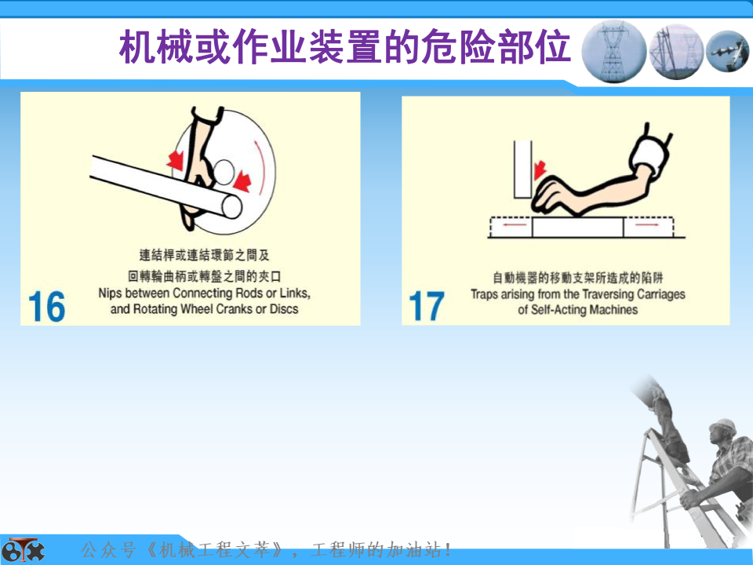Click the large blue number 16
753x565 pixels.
46,306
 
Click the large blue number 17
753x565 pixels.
427,306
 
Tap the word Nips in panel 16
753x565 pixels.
110,293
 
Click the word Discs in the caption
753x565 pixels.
284,309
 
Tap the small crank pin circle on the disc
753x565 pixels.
224,172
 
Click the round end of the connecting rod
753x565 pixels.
232,207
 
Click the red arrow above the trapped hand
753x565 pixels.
540,169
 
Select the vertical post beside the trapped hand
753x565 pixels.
522,169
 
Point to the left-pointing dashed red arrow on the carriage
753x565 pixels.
511,224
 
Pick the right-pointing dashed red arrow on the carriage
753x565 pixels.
648,224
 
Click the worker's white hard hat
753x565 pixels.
722,426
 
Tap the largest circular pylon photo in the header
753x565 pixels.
613,51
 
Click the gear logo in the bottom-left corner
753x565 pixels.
22,550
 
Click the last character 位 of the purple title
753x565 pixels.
552,47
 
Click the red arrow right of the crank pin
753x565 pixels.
242,181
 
